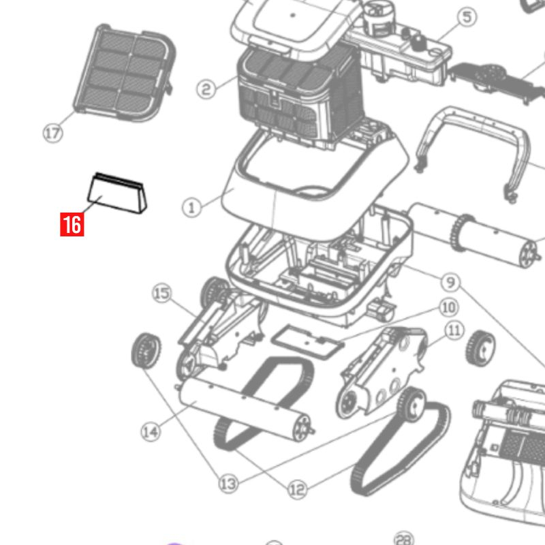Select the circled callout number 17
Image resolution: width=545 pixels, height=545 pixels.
click(52, 133)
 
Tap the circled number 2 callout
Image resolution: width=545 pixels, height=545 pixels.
click(206, 88)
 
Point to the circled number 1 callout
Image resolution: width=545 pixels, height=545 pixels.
click(191, 206)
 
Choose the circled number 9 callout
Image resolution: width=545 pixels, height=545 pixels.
click(449, 281)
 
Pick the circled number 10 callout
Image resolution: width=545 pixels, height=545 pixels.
click(448, 307)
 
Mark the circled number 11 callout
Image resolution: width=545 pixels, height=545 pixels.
click(454, 331)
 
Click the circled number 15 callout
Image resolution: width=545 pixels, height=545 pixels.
click(161, 294)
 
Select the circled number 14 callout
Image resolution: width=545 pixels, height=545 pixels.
click(151, 431)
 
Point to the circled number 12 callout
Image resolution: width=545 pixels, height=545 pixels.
click(297, 488)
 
